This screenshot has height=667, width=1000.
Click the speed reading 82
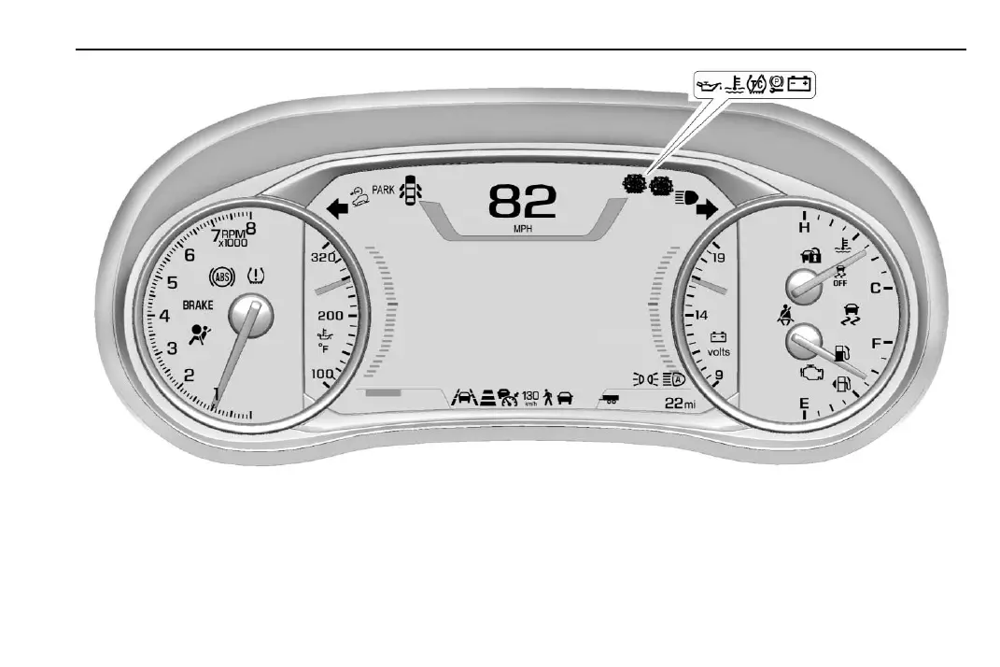(x=522, y=203)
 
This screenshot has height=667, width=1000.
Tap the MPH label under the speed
(x=523, y=230)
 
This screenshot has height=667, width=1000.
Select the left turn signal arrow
(x=337, y=211)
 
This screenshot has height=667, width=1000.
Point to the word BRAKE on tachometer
(x=197, y=305)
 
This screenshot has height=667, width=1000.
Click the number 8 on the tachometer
(x=250, y=225)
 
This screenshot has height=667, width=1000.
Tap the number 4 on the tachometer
(x=164, y=316)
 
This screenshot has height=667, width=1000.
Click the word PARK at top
(x=384, y=191)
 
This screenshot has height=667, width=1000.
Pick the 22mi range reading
(x=681, y=403)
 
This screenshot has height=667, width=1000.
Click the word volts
(x=718, y=353)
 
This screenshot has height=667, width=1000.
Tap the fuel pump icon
(x=842, y=354)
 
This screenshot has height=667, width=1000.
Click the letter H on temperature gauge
(x=803, y=227)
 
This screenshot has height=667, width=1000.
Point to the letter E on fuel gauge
(x=803, y=404)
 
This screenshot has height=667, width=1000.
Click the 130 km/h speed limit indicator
(x=531, y=398)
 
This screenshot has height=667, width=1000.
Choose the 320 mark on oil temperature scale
(x=323, y=257)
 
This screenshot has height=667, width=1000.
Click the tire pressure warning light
(x=255, y=277)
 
